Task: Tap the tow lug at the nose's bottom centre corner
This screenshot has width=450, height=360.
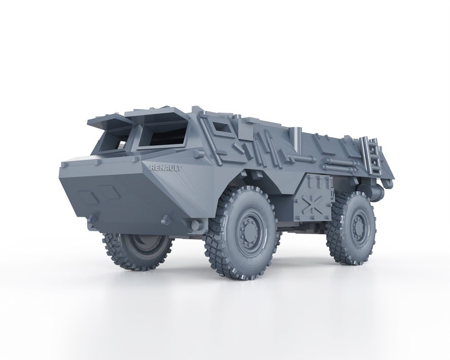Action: point(165,219)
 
